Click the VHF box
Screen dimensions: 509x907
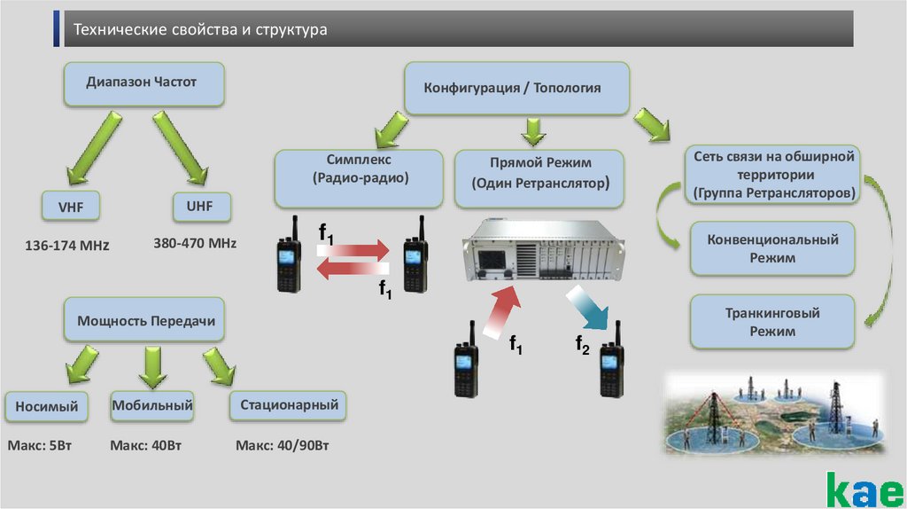(70, 208)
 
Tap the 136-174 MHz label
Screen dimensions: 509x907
(67, 244)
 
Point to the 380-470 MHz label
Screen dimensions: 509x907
(195, 242)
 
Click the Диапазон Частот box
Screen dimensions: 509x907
(142, 82)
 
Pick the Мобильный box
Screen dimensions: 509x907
(152, 406)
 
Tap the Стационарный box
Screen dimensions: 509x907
(288, 405)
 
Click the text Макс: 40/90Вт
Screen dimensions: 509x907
(283, 444)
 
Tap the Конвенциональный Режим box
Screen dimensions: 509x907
(771, 248)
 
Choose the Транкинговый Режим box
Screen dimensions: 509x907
(771, 322)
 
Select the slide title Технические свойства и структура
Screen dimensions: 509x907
(200, 30)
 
